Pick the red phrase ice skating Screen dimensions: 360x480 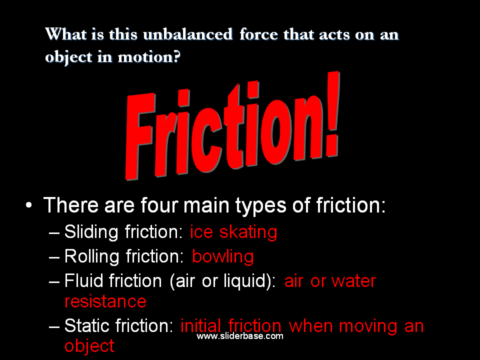(233, 232)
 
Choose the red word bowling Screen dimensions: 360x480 (223, 256)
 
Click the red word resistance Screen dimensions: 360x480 (105, 301)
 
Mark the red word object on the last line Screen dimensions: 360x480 (89, 345)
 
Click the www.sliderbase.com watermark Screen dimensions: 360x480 (240, 336)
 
